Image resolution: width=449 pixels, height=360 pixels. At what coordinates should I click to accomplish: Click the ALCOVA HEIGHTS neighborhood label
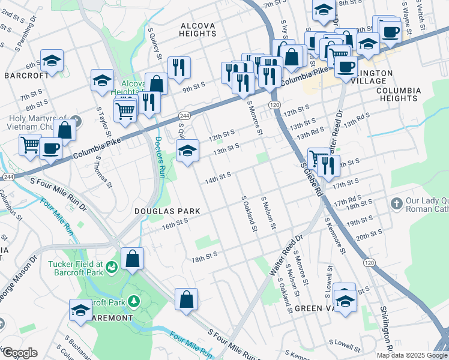(198, 29)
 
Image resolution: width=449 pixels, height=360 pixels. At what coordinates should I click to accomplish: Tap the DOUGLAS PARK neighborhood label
(158, 211)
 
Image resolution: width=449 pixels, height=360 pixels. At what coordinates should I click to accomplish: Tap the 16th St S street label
(175, 222)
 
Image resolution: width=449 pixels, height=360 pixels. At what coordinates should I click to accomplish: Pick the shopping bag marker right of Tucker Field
(133, 259)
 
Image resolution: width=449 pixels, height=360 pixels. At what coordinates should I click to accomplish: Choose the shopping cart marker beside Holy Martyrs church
(30, 145)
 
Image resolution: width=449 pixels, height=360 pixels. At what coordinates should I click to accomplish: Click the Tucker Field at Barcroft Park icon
(111, 266)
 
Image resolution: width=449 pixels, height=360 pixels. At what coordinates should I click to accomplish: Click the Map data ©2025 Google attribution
(411, 355)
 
